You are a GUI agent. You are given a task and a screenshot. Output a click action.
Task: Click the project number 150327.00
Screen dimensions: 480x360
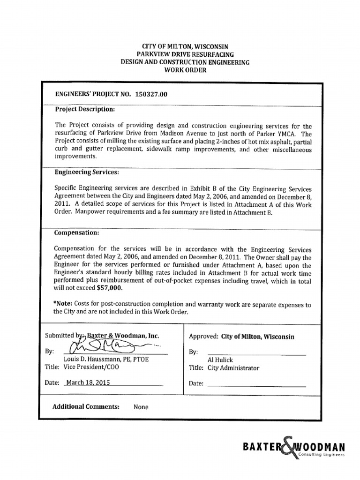pyautogui.click(x=151, y=94)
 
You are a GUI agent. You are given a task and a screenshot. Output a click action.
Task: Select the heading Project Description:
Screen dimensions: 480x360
pyautogui.click(x=84, y=109)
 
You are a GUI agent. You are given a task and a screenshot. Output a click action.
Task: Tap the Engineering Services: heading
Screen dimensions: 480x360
pyautogui.click(x=83, y=172)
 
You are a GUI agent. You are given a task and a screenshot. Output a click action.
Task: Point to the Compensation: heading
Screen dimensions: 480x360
pyautogui.click(x=77, y=232)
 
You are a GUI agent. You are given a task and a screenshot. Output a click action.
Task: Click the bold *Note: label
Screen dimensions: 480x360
pyautogui.click(x=65, y=304)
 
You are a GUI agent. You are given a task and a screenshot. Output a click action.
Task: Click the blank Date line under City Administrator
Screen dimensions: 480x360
pyautogui.click(x=256, y=385)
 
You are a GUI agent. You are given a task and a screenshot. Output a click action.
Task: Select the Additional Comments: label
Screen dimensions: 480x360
pyautogui.click(x=86, y=407)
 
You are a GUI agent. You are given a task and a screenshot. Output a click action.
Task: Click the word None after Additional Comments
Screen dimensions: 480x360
pyautogui.click(x=141, y=407)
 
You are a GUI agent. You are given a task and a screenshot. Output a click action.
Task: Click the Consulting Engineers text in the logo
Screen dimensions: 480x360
pyautogui.click(x=322, y=455)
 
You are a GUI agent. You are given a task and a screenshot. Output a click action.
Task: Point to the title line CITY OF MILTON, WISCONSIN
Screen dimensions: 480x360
pyautogui.click(x=186, y=47)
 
